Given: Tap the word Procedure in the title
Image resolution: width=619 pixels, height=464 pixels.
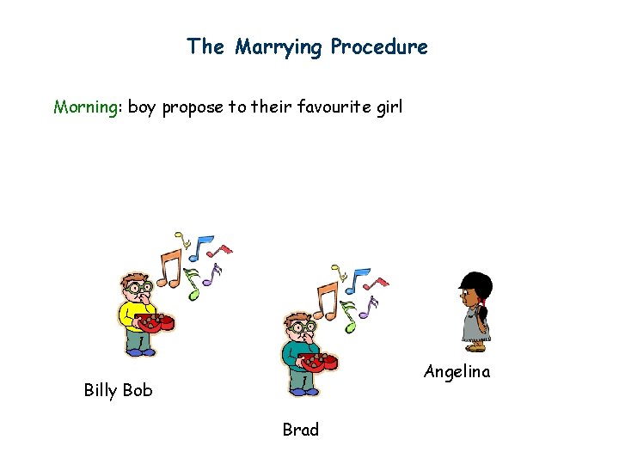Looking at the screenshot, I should (379, 47).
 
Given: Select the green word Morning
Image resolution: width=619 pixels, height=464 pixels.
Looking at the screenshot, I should (86, 107).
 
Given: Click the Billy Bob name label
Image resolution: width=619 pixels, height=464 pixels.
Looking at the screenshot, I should (118, 390).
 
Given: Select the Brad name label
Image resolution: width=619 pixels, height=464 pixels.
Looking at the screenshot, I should (300, 430).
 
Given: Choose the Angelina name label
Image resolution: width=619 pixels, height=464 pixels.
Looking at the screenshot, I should (457, 372).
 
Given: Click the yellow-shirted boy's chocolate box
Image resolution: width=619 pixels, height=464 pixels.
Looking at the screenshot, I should (157, 323).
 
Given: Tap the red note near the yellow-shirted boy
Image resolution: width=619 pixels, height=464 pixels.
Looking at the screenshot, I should (222, 251).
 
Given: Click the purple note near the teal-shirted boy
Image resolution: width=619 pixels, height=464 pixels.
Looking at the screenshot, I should (372, 303).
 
